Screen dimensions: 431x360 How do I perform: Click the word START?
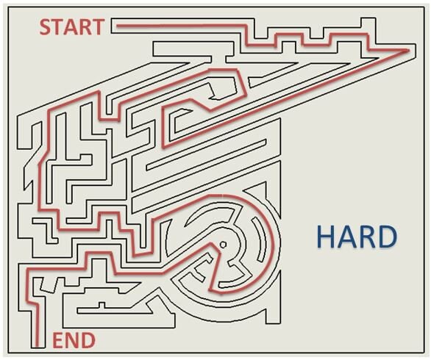click(x=72, y=27)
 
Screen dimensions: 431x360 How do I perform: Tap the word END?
click(x=74, y=340)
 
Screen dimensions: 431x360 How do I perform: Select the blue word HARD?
click(x=357, y=237)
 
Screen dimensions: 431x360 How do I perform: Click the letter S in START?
click(x=46, y=27)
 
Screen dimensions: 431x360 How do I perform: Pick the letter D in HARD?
click(x=388, y=237)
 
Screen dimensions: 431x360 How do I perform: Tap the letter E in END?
click(x=57, y=340)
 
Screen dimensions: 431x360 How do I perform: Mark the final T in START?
click(x=98, y=27)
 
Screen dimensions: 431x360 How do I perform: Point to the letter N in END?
click(x=71, y=340)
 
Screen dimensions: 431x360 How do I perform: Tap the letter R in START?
click(x=85, y=27)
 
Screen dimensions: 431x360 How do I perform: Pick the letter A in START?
click(x=71, y=27)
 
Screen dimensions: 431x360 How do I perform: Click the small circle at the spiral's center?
click(x=223, y=244)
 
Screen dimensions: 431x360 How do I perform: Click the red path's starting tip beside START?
click(x=118, y=26)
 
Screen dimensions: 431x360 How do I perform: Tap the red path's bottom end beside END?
click(x=37, y=346)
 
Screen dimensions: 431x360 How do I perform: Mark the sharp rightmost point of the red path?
click(x=408, y=50)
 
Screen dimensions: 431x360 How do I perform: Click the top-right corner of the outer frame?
click(x=424, y=7)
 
